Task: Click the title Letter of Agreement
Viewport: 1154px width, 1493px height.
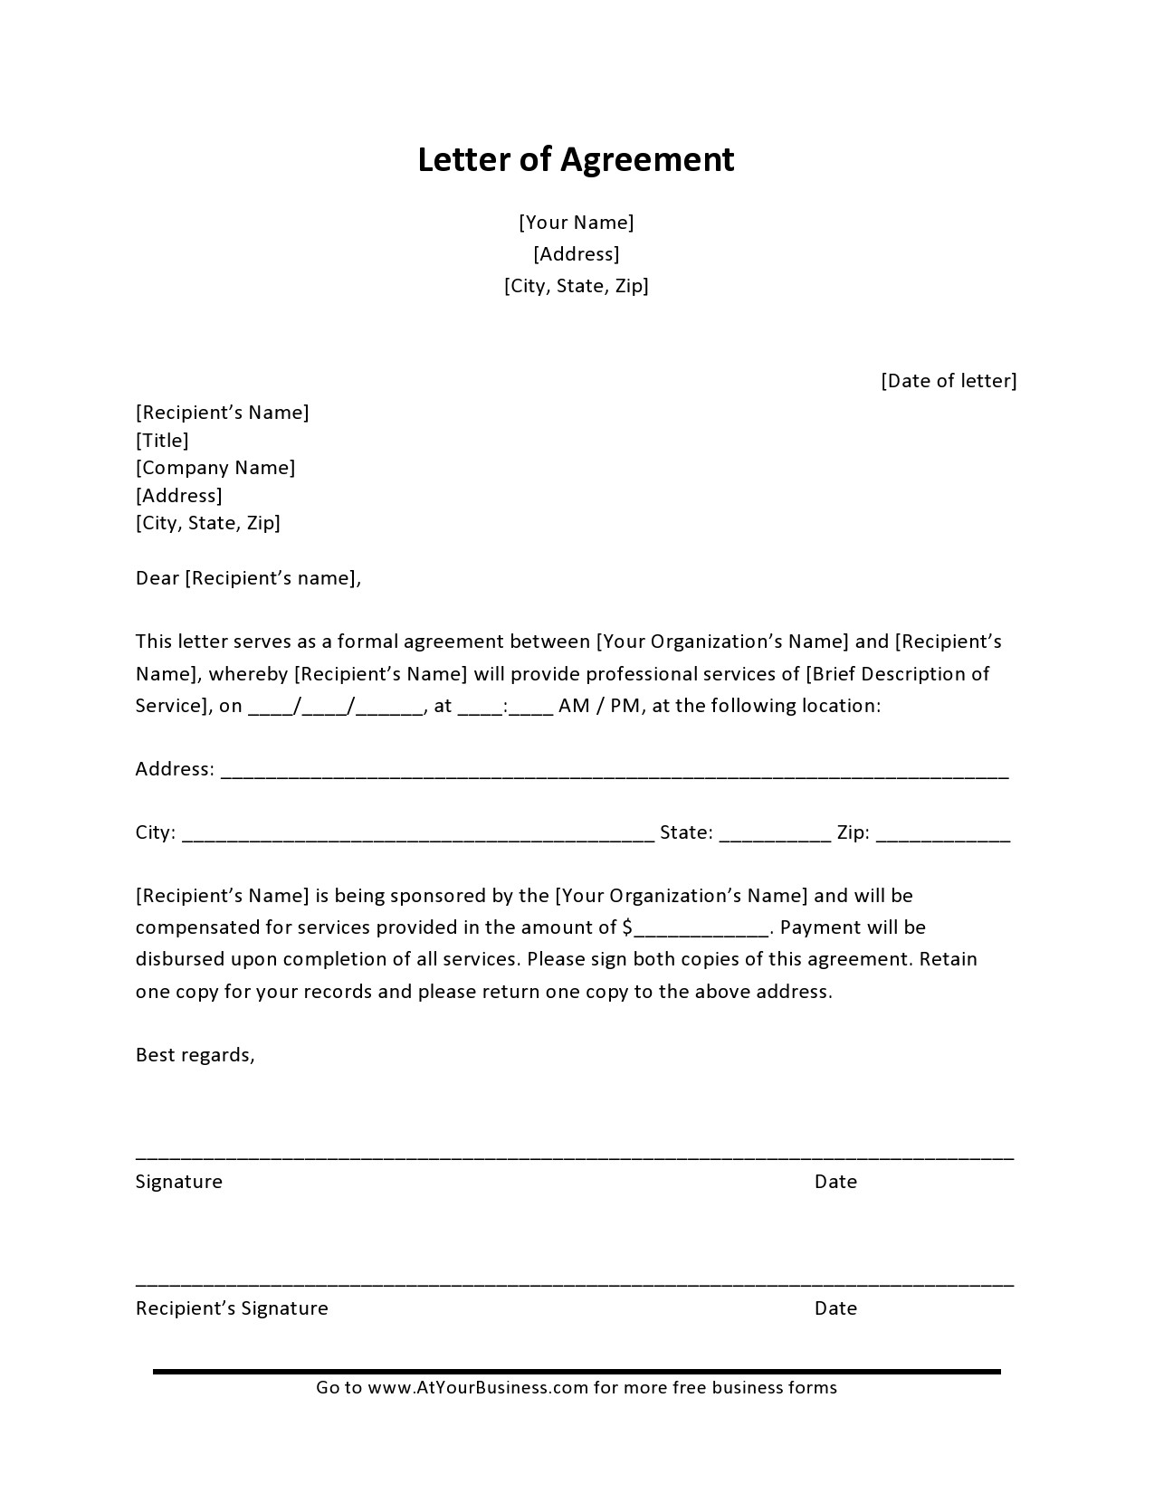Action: click(x=576, y=160)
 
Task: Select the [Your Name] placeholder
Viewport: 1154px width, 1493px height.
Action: click(x=576, y=223)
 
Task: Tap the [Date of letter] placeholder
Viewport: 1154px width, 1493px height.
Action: click(x=949, y=381)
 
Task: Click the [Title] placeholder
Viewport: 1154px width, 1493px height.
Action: click(x=162, y=441)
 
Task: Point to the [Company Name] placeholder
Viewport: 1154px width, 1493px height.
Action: click(x=215, y=468)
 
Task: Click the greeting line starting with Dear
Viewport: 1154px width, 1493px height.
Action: click(x=248, y=578)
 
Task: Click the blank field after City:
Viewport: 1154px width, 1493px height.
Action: click(x=417, y=834)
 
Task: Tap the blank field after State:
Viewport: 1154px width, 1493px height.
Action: click(x=775, y=834)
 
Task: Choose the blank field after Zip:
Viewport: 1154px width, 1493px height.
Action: click(x=943, y=834)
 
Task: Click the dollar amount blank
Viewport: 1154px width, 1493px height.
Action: click(x=701, y=929)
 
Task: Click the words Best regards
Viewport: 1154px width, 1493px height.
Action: click(x=195, y=1055)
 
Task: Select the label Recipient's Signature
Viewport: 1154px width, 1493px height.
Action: click(x=232, y=1308)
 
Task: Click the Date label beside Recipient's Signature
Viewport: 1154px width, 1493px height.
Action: click(x=835, y=1308)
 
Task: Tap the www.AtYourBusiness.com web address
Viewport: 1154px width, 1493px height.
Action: click(x=478, y=1388)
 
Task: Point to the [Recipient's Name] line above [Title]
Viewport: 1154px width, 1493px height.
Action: click(x=222, y=413)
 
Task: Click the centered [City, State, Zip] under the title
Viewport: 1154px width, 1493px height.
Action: click(x=576, y=286)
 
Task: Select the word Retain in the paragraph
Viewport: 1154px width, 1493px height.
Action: click(x=949, y=959)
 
